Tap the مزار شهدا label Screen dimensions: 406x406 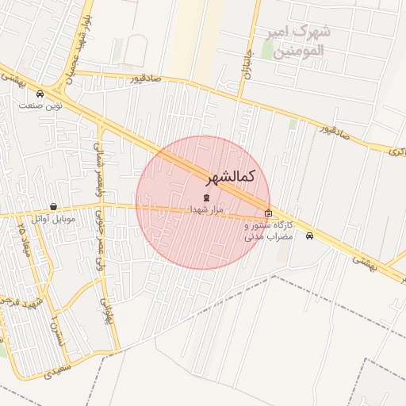[x=207, y=209]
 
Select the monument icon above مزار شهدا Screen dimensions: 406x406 [x=207, y=197]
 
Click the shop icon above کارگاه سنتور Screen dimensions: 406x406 [x=268, y=213]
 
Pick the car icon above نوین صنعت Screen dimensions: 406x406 [x=40, y=94]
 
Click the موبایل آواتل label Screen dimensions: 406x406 [x=53, y=218]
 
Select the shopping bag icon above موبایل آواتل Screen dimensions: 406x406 [x=53, y=206]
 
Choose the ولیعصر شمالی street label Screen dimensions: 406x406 [x=98, y=163]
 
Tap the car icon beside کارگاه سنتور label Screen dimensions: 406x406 [x=309, y=236]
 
